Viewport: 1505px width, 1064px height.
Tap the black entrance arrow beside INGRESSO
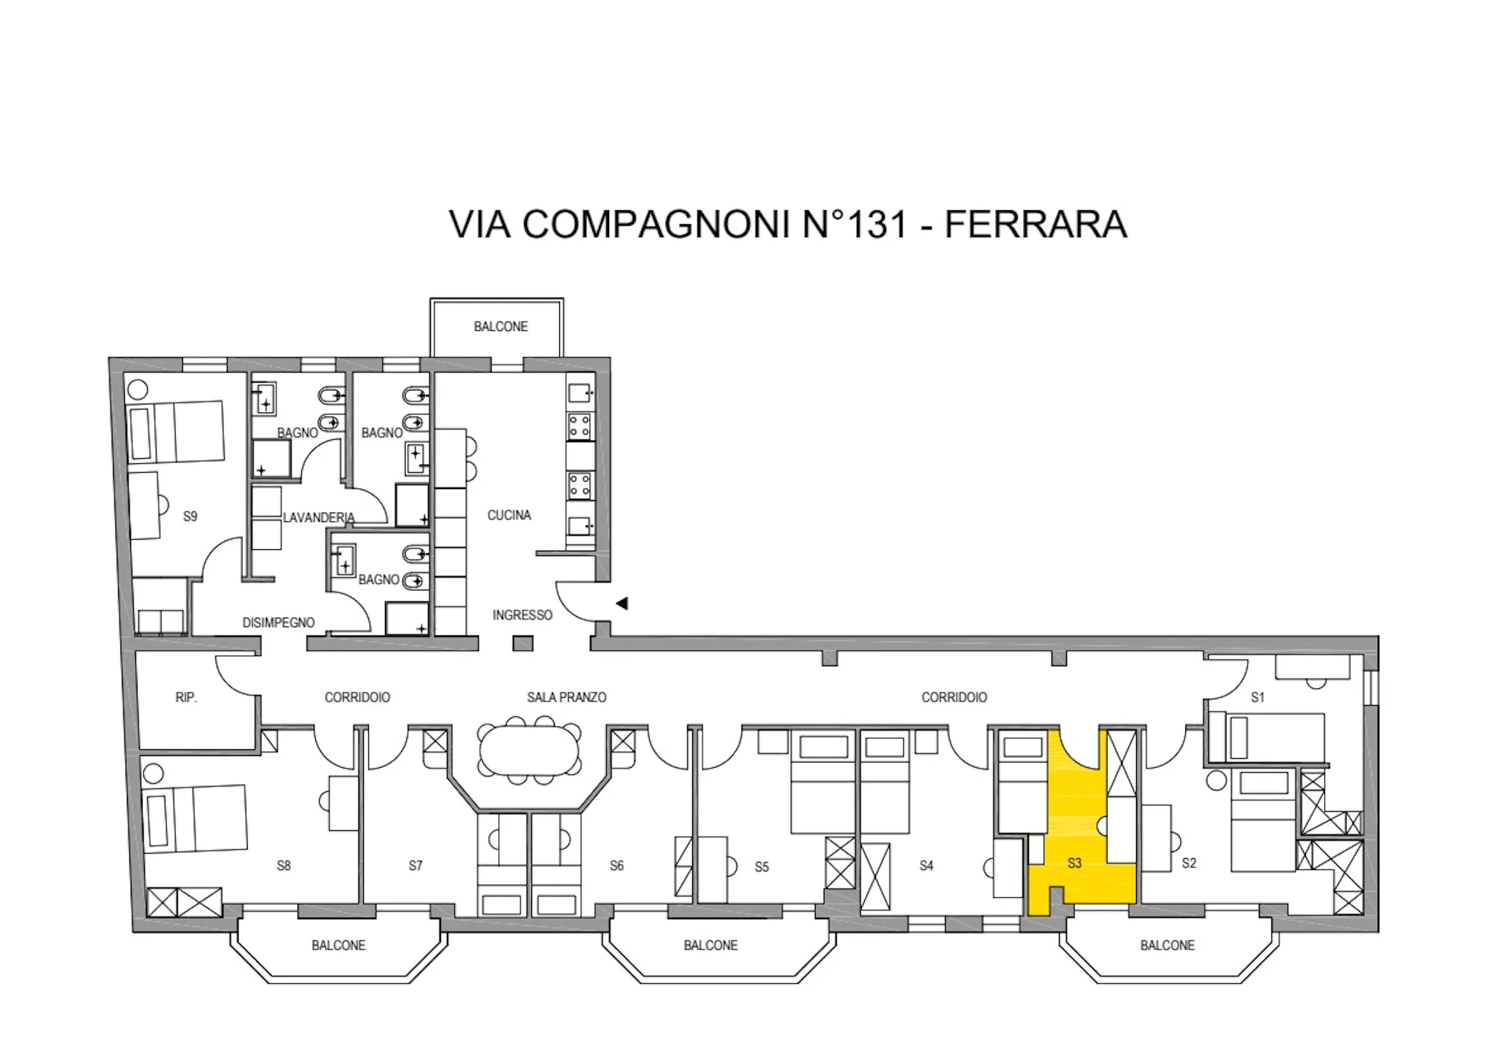(622, 604)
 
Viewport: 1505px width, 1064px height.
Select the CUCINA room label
(509, 515)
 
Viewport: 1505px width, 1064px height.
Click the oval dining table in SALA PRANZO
(529, 748)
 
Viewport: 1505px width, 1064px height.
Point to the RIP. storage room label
(187, 697)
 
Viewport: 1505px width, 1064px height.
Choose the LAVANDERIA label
(319, 518)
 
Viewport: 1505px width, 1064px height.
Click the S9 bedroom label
(190, 516)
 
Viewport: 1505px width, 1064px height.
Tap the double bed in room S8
(195, 818)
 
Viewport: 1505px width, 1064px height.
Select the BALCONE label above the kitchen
(500, 326)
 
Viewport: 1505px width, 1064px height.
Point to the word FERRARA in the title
(1035, 224)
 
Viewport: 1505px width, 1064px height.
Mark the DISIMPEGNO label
(279, 623)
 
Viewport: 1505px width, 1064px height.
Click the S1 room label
(1257, 697)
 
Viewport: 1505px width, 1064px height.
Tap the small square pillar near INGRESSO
(522, 644)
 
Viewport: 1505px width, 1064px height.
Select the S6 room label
(617, 865)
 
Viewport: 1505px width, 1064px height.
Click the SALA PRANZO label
(567, 697)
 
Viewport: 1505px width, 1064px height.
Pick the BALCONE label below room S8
(338, 945)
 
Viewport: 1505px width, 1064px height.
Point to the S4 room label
(926, 865)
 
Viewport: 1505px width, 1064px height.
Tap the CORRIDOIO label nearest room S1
(954, 697)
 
